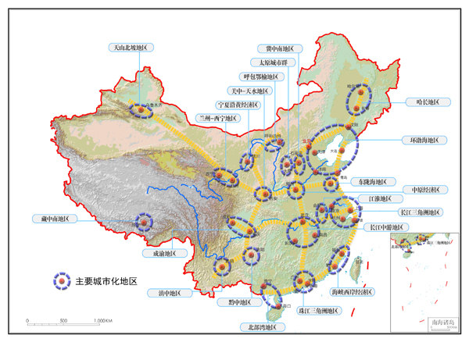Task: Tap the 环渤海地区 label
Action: coord(424,140)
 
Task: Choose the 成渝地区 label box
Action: coord(164,253)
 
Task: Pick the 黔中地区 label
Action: coord(234,301)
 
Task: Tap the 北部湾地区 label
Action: coord(257,327)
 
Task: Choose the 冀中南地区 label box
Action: coord(279,48)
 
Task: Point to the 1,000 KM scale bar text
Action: coord(104,321)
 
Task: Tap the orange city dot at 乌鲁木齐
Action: coord(141,112)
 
